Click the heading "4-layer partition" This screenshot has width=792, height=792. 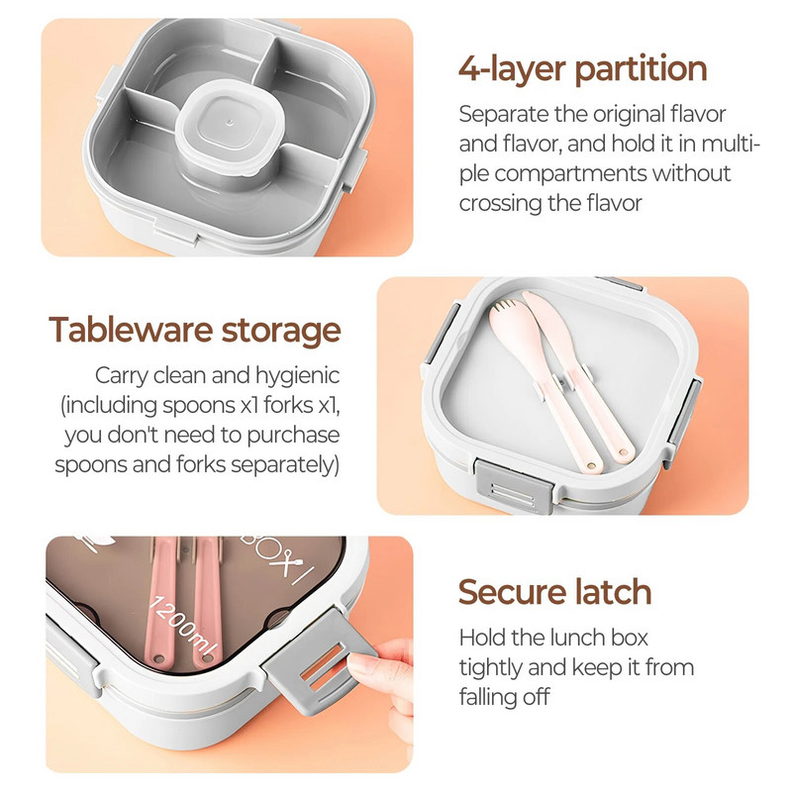click(582, 68)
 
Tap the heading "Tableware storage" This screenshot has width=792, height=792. click(195, 330)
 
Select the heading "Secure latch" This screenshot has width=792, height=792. click(554, 591)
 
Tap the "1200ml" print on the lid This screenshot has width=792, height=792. click(184, 628)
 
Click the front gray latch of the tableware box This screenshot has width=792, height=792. click(514, 486)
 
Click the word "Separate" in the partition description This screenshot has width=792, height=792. click(504, 115)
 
